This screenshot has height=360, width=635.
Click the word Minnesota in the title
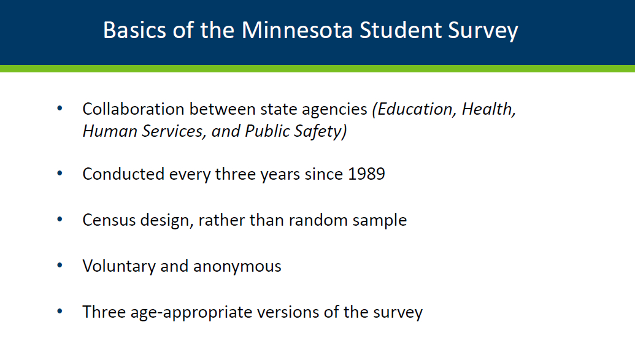297,31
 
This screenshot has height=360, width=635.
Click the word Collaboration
133,109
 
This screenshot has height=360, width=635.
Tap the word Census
109,220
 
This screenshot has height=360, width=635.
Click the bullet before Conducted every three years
60,174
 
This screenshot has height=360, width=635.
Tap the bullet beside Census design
60,220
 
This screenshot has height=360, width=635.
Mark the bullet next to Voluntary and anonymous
60,266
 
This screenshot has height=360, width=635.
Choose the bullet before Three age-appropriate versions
60,312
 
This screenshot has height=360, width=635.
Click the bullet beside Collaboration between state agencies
60,109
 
